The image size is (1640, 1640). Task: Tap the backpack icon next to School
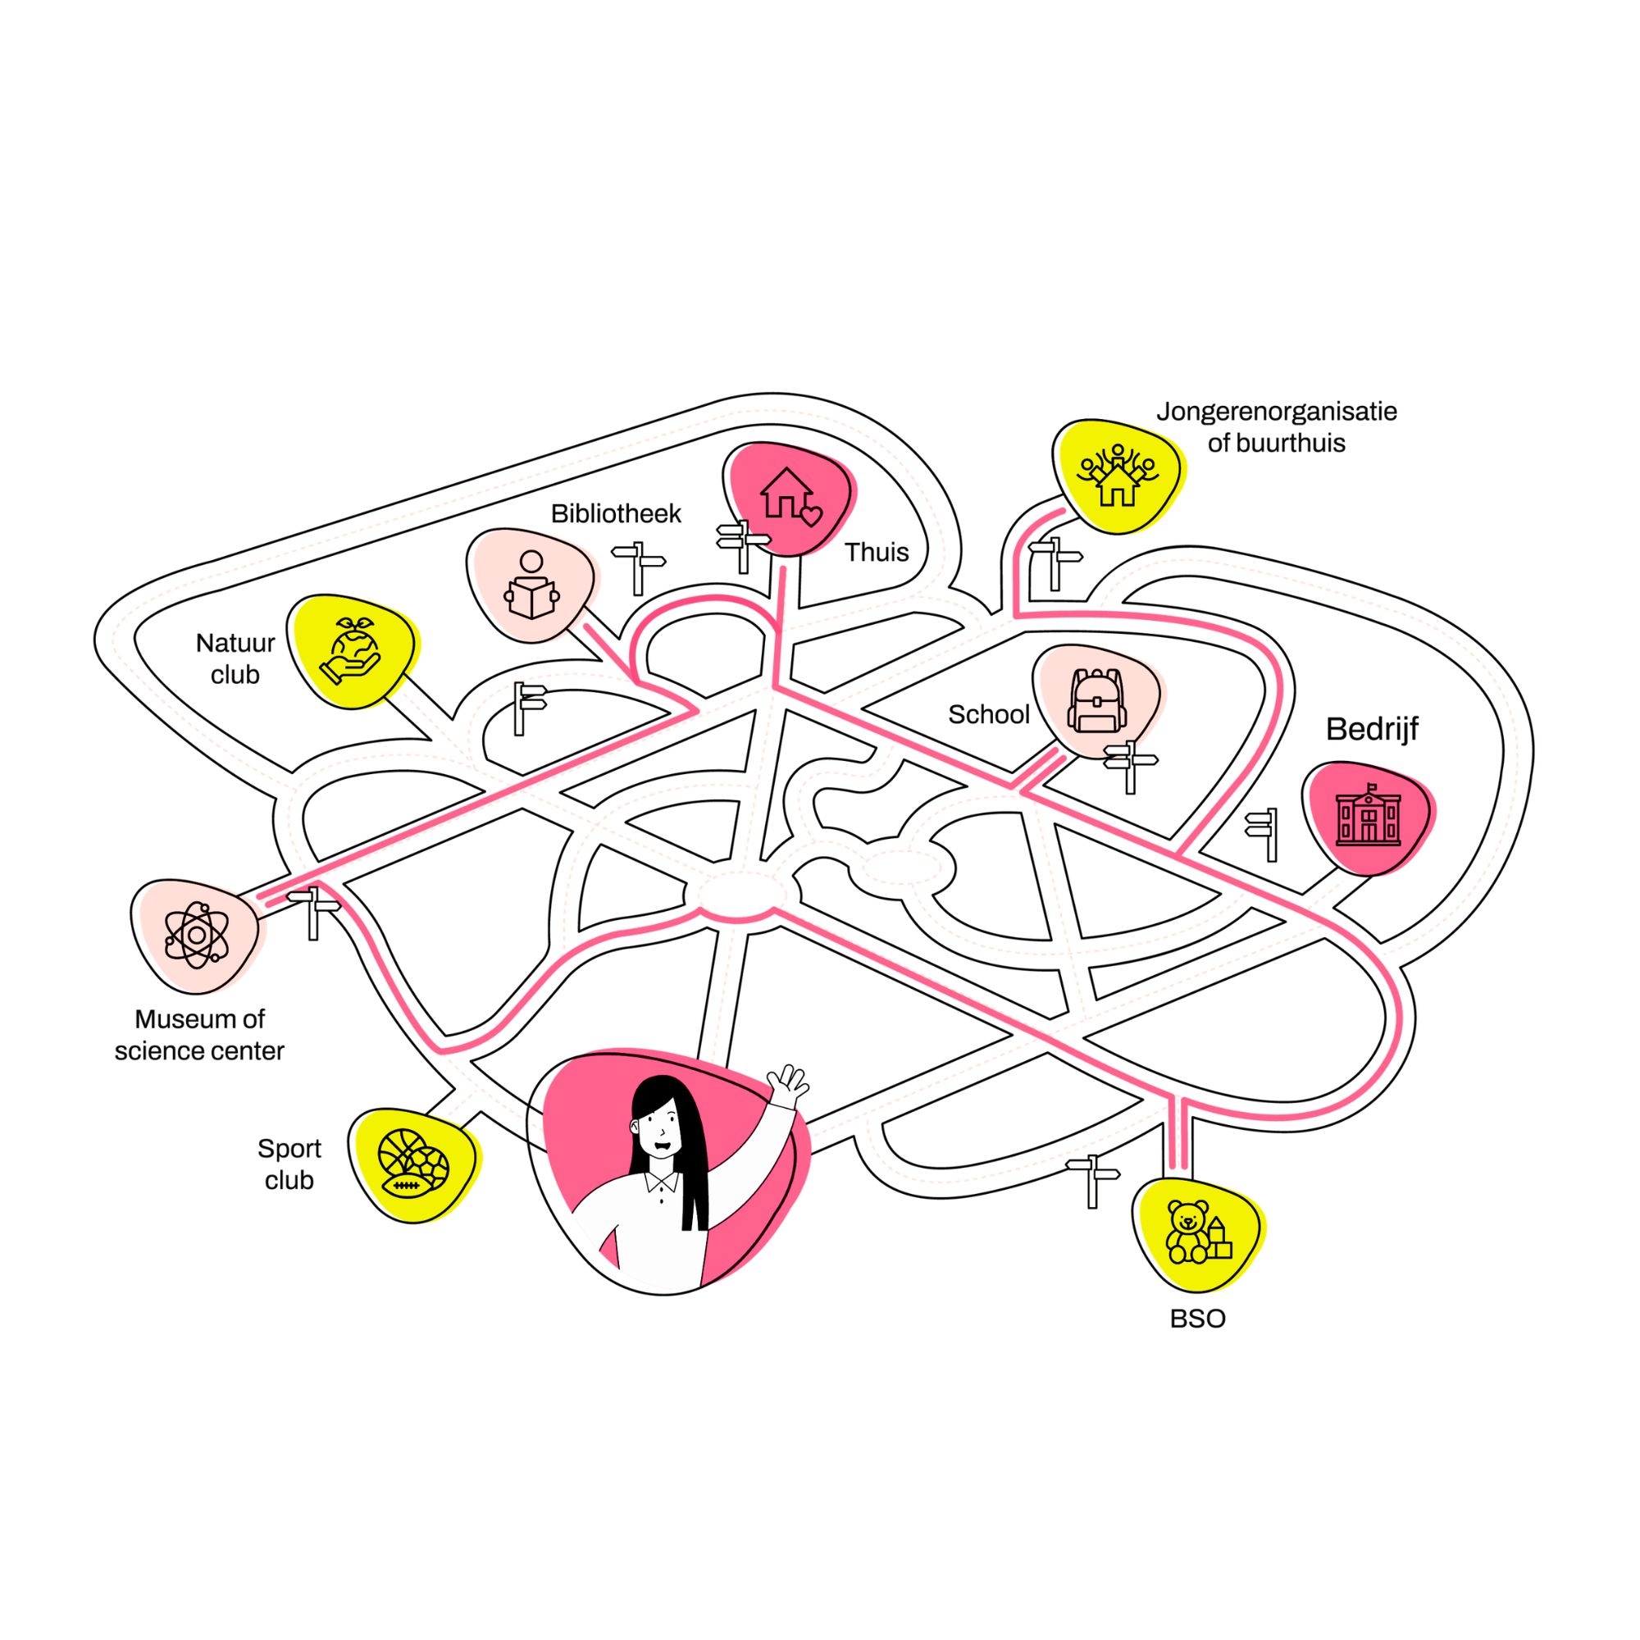point(1096,701)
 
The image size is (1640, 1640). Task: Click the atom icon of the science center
point(197,936)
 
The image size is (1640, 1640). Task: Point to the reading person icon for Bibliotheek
point(531,585)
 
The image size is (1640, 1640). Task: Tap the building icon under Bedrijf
point(1368,817)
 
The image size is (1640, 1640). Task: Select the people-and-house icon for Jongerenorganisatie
point(1117,476)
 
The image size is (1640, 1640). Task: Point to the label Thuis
point(876,553)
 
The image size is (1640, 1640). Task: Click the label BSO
point(1197,1319)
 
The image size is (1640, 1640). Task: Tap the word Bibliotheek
point(616,513)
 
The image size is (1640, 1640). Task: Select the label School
point(988,715)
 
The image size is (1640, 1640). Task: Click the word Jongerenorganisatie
point(1276,412)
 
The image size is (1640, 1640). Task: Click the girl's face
point(659,1129)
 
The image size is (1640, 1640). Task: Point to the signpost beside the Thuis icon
point(743,546)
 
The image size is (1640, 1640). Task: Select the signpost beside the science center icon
point(313,911)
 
